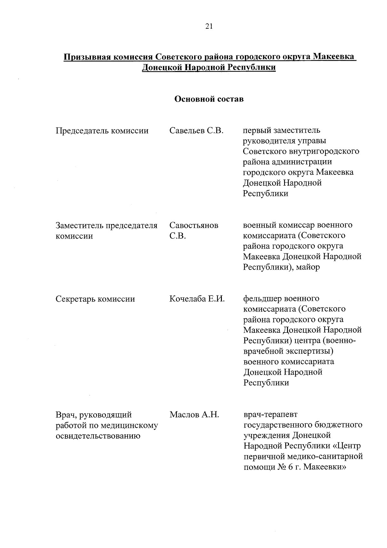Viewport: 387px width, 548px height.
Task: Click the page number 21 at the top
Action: [209, 27]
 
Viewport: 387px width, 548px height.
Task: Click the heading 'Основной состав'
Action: [209, 99]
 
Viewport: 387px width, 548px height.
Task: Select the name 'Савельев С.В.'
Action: [196, 130]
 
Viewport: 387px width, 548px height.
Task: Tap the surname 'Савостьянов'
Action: [194, 225]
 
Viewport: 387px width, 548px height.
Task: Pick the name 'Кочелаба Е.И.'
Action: [197, 299]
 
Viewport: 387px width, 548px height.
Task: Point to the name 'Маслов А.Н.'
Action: [194, 415]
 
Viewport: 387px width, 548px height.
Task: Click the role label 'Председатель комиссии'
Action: [102, 131]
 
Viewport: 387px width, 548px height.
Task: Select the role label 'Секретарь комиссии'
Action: [95, 299]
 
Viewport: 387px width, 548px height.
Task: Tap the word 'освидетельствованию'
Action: [98, 436]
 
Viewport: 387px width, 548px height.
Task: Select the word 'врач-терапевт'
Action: [271, 414]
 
